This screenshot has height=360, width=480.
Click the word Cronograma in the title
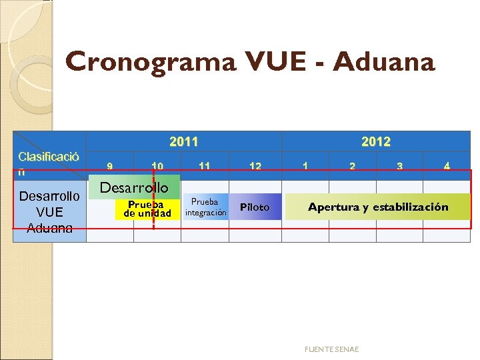[150, 62]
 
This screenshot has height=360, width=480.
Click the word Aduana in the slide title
[383, 62]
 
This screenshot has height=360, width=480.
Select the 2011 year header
[183, 141]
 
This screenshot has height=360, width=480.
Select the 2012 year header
[376, 141]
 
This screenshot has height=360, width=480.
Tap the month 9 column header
[110, 167]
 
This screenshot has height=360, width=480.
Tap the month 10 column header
[157, 167]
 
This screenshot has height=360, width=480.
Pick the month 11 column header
[205, 167]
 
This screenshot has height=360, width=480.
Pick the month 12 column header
[255, 167]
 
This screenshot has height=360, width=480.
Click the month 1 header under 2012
[305, 167]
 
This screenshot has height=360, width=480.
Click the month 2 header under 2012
[352, 167]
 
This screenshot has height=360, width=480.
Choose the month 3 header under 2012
[399, 167]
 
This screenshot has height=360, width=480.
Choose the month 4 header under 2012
[447, 167]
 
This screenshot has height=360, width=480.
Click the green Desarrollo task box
[134, 188]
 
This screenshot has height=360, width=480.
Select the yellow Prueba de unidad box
[147, 209]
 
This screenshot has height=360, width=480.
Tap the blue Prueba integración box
[205, 207]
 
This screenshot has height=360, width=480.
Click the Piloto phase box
[255, 207]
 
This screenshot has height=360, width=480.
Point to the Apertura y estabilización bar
[378, 207]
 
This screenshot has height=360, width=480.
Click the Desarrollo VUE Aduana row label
[49, 212]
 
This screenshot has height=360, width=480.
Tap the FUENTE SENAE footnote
[331, 349]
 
